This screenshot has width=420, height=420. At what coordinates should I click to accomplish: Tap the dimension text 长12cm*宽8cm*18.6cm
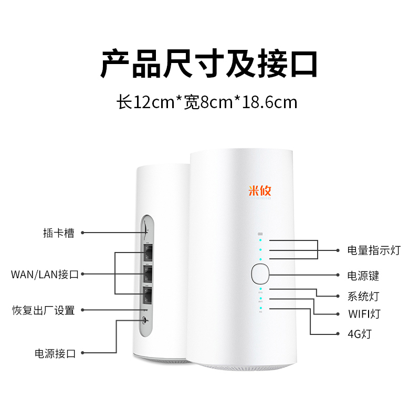click(x=207, y=101)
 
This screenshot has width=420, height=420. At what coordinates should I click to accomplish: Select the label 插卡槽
click(x=58, y=233)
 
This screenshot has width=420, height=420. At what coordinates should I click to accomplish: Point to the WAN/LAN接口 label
click(x=45, y=274)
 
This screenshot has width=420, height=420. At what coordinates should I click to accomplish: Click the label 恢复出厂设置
click(x=44, y=310)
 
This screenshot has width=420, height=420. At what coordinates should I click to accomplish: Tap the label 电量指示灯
click(x=374, y=250)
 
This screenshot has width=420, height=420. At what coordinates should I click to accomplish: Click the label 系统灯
click(x=363, y=296)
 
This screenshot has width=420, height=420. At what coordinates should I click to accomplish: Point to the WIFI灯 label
click(x=364, y=314)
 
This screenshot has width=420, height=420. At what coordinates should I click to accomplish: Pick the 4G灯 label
click(x=359, y=333)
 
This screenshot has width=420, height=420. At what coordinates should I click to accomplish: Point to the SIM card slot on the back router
click(x=145, y=232)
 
